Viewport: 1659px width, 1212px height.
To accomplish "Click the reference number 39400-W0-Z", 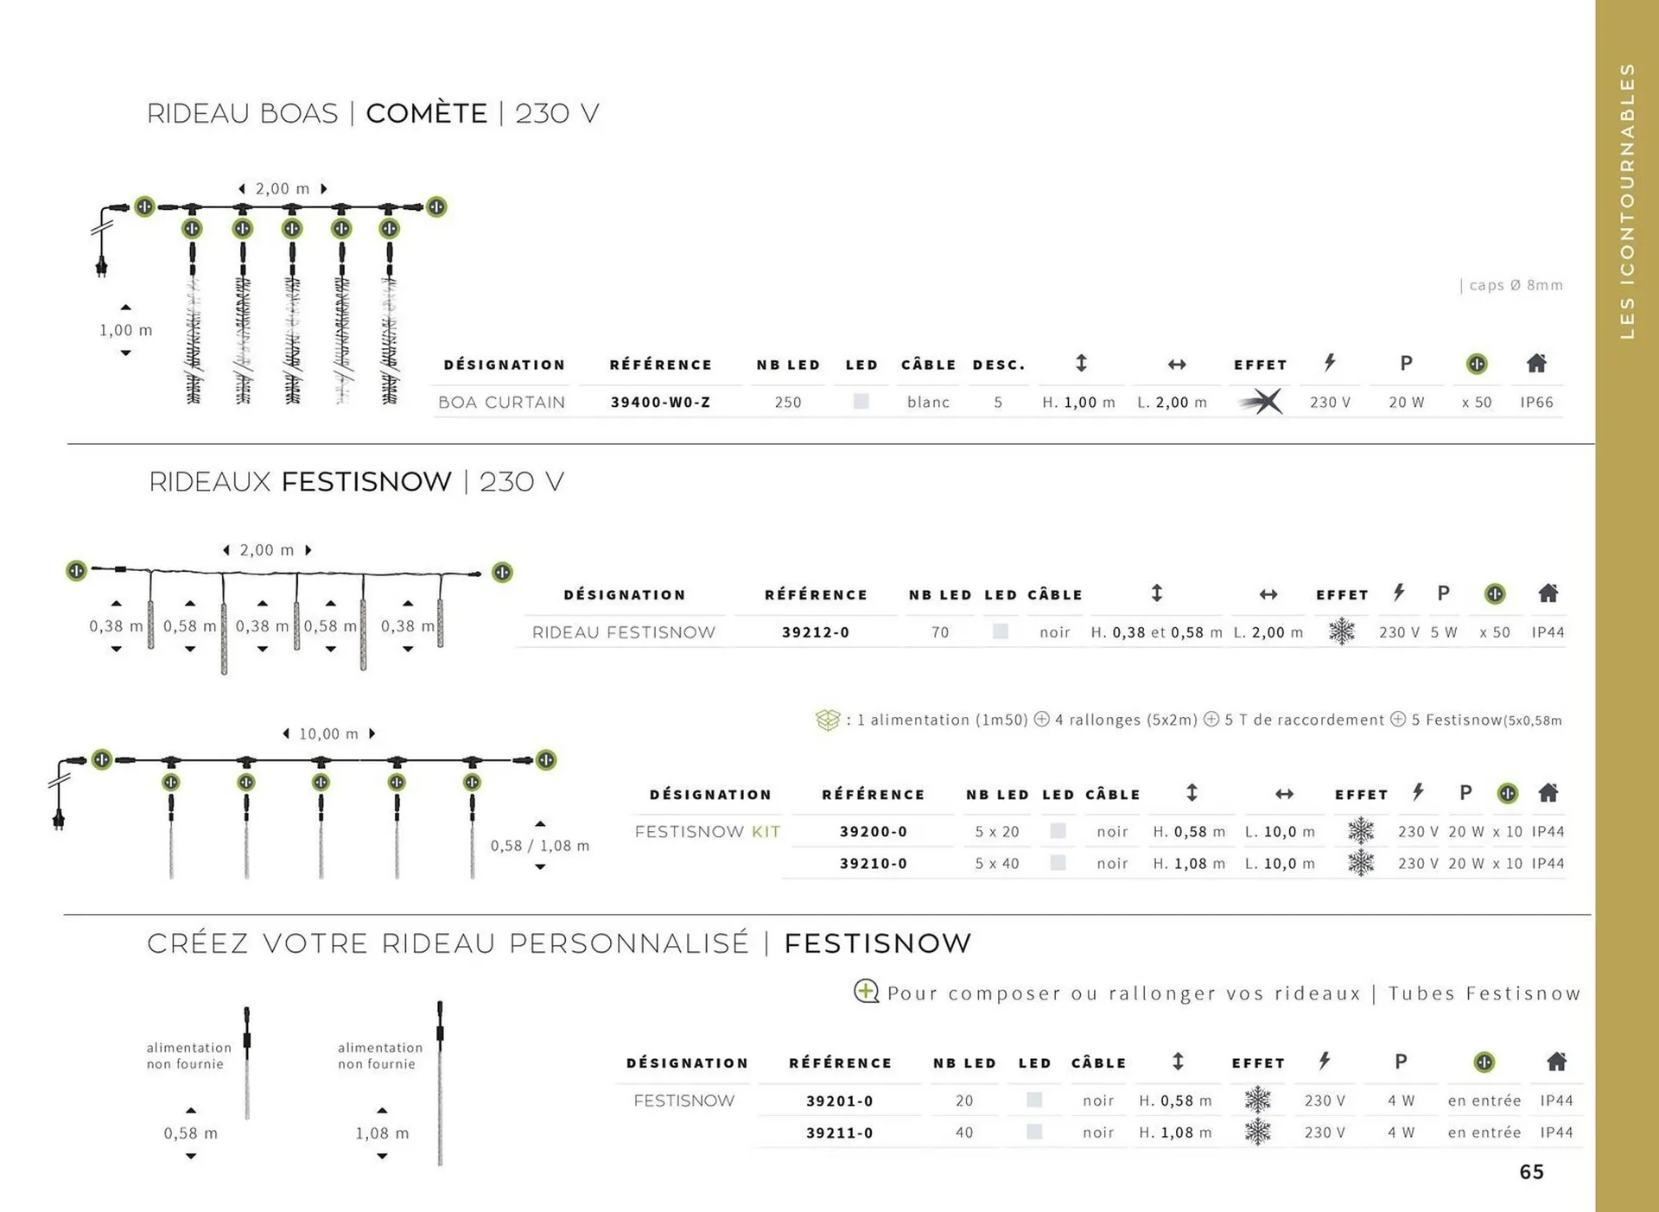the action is (660, 402).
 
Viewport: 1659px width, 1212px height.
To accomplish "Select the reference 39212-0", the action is (816, 631).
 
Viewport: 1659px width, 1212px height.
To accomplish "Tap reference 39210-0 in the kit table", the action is (873, 863).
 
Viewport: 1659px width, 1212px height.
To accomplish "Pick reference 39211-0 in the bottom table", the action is (839, 1132).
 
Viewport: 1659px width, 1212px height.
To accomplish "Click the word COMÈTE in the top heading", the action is (427, 113).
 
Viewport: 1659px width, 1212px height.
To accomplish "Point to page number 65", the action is (1531, 1171).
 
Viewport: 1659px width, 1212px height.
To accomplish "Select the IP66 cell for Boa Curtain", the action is (1536, 402).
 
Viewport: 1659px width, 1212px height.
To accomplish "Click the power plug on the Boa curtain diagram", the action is (101, 266).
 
